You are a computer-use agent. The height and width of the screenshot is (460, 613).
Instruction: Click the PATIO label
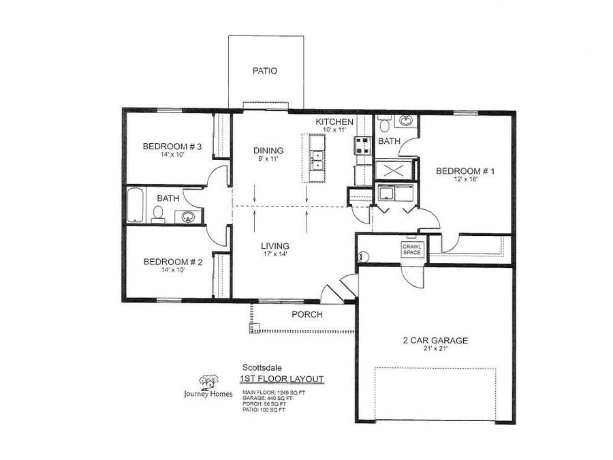(265, 71)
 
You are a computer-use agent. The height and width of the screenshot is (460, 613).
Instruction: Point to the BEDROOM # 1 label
(465, 171)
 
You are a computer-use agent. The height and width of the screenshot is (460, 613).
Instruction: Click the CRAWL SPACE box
(412, 249)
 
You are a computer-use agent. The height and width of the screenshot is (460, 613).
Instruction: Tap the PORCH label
(307, 315)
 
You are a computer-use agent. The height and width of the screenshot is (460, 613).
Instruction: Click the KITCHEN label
(334, 122)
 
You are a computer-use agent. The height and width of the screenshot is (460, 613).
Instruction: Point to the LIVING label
(274, 246)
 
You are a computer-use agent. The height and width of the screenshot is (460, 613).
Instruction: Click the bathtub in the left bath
(135, 205)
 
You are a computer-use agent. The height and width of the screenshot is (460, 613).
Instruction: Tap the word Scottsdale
(256, 367)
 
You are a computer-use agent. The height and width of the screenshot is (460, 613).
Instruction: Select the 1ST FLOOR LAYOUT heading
(281, 380)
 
